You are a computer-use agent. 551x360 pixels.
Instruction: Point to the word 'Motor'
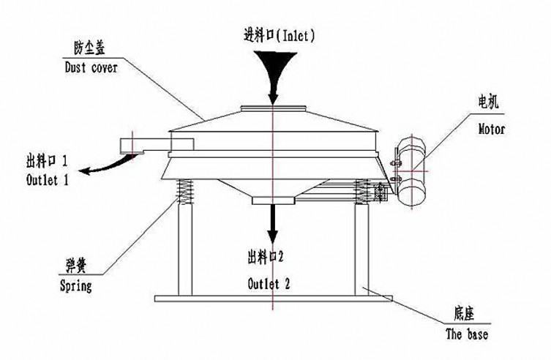[492, 129]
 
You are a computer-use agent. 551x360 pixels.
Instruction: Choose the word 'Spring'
[75, 286]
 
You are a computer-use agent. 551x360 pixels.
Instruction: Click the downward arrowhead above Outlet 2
[272, 239]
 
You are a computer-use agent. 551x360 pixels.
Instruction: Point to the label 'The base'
[466, 334]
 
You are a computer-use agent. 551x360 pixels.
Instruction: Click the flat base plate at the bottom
[271, 299]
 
